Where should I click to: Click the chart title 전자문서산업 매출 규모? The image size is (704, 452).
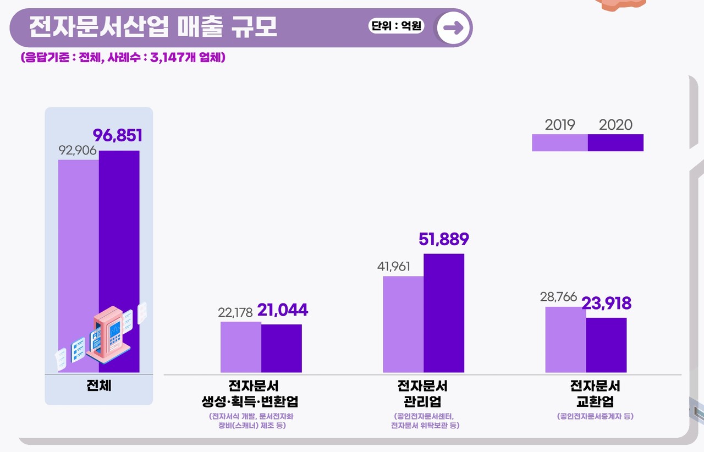pyautogui.click(x=152, y=27)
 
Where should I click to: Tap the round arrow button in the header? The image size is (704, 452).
pyautogui.click(x=453, y=28)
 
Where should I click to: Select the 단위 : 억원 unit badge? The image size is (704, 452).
pyautogui.click(x=396, y=26)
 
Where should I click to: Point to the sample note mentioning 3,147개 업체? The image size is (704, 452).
pyautogui.click(x=123, y=57)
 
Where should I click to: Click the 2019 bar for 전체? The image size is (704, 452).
pyautogui.click(x=79, y=242)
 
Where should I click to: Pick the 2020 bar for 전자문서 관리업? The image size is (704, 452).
pyautogui.click(x=444, y=313)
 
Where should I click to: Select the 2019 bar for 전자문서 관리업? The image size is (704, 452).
pyautogui.click(x=403, y=324)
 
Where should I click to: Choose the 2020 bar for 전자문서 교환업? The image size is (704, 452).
pyautogui.click(x=606, y=345)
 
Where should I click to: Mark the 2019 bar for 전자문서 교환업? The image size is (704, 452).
pyautogui.click(x=565, y=339)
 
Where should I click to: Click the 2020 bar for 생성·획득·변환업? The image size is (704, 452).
pyautogui.click(x=282, y=348)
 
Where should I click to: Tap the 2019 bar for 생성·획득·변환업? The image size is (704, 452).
pyautogui.click(x=241, y=347)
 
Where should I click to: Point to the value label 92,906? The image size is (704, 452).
pyautogui.click(x=78, y=150)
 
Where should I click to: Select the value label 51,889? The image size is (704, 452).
pyautogui.click(x=443, y=239)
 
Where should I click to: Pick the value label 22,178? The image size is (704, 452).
pyautogui.click(x=235, y=312)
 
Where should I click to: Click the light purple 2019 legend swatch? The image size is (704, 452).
pyautogui.click(x=559, y=142)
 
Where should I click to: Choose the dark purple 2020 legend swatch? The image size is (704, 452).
pyautogui.click(x=615, y=142)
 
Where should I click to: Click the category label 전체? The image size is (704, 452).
pyautogui.click(x=99, y=385)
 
